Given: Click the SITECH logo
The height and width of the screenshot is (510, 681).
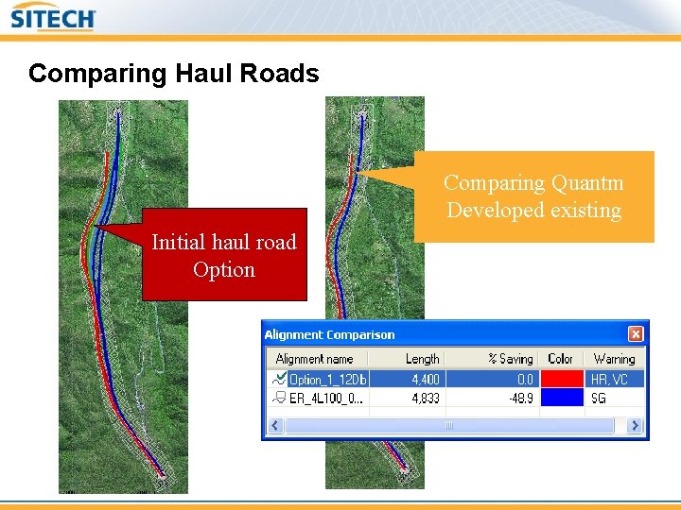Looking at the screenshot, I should tap(53, 18).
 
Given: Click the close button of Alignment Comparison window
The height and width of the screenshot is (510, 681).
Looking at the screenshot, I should tap(636, 334).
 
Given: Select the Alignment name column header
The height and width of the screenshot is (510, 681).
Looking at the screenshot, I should tap(314, 359).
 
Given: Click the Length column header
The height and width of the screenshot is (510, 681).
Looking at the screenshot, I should tap(422, 359).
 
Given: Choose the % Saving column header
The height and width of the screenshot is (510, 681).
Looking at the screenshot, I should tap(510, 359).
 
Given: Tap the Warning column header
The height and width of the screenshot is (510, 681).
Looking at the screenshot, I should tap(614, 359).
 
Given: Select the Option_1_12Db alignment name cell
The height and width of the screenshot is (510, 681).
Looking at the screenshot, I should tap(327, 380).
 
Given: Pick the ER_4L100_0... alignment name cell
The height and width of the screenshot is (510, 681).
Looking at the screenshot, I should tap(327, 399).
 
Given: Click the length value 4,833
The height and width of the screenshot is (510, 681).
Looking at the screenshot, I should tap(426, 399).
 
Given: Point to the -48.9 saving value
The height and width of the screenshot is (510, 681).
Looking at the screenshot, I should tap(520, 399).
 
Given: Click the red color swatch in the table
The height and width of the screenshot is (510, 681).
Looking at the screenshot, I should tap(561, 380).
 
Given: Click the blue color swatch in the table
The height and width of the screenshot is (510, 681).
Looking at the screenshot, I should tap(561, 399).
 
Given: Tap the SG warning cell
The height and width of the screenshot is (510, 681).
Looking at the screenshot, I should tap(599, 399).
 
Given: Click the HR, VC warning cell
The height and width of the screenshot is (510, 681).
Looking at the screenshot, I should tap(609, 380).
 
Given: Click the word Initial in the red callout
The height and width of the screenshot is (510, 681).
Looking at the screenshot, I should tap(184, 243).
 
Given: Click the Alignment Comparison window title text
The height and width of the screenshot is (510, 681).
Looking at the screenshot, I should tap(329, 334).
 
